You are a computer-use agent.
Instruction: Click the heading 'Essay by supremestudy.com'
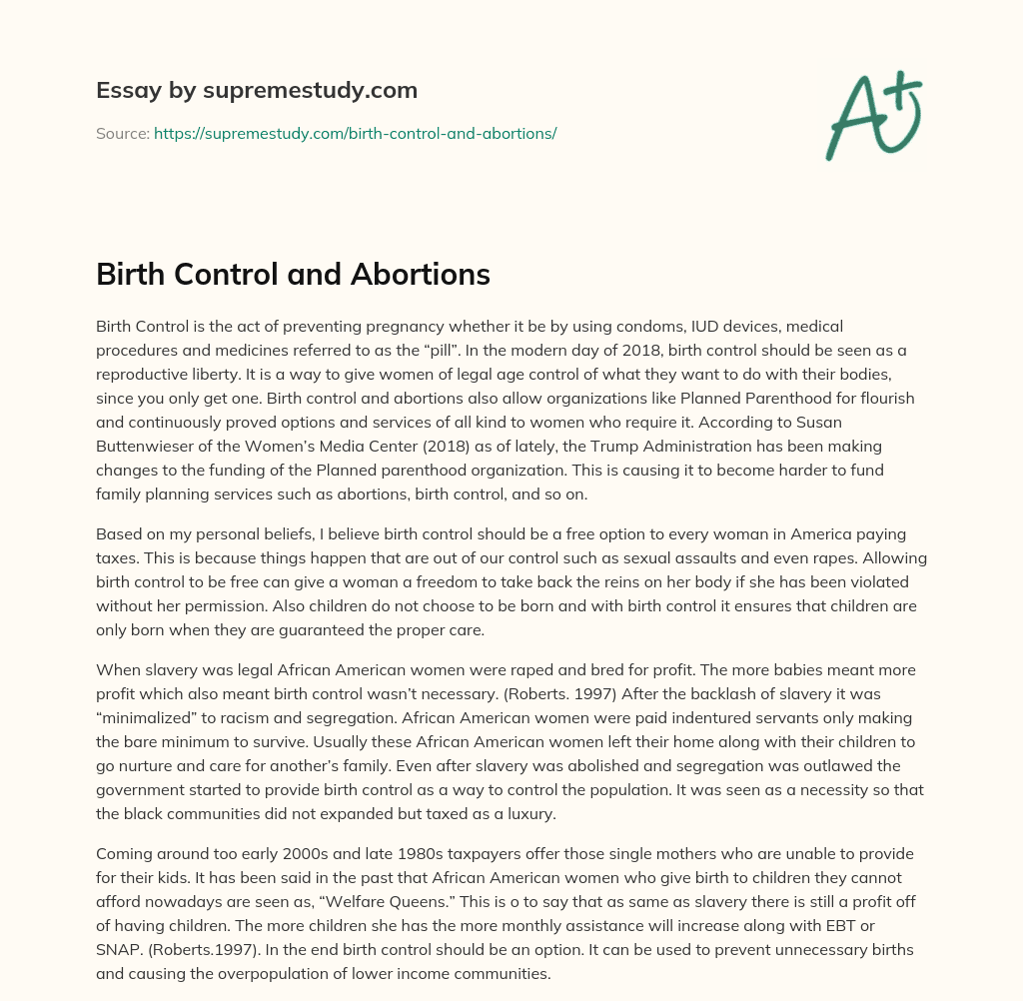[257, 91]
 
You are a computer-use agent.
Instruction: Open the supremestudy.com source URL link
[355, 133]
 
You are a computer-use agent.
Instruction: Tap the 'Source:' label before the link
[123, 133]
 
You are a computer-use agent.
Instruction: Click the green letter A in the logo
[852, 118]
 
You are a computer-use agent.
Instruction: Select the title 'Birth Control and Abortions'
[293, 275]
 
